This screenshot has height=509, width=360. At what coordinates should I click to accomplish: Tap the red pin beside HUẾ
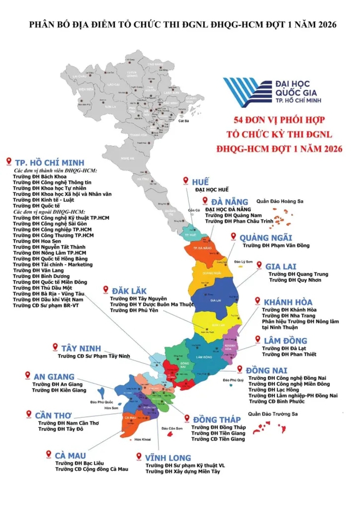(x=186, y=181)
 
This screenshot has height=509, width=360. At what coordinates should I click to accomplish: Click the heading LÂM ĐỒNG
(x=286, y=340)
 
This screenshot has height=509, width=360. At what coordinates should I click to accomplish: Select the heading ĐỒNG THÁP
(x=217, y=420)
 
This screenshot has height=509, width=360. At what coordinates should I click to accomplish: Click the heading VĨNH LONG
(x=168, y=457)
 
